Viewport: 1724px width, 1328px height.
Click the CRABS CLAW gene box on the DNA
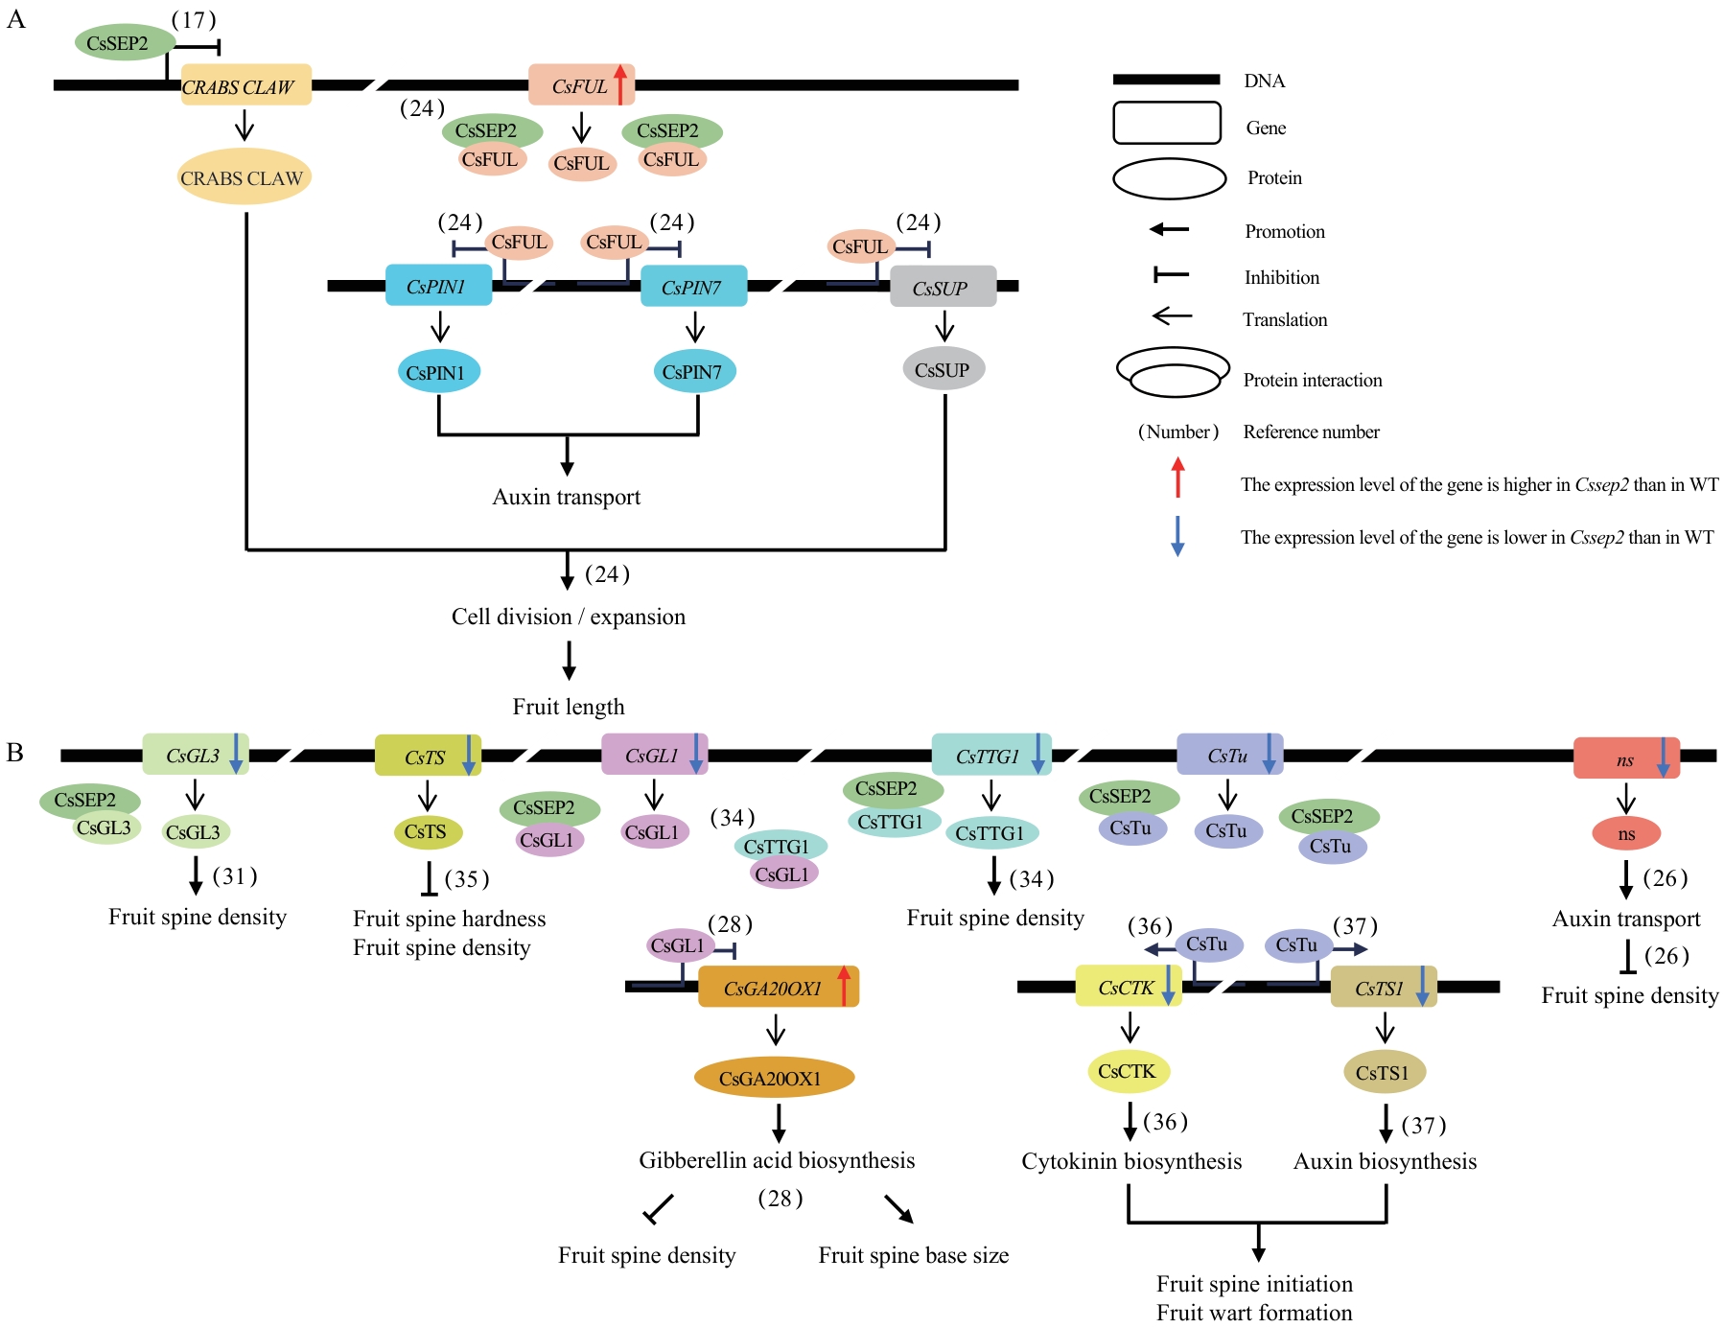click(245, 85)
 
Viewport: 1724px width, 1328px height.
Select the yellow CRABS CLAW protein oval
click(244, 177)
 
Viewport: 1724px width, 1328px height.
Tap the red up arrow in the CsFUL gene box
click(620, 84)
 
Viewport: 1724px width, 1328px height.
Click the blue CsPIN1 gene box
click(438, 286)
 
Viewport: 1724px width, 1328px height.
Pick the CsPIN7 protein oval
click(694, 371)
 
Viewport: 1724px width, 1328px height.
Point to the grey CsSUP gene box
click(942, 287)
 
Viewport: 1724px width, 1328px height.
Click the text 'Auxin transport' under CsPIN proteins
click(566, 497)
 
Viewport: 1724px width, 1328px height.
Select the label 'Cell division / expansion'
click(568, 617)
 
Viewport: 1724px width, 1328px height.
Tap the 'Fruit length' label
click(568, 707)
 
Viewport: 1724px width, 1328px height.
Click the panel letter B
click(15, 752)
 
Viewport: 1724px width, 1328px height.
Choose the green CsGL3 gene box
click(195, 755)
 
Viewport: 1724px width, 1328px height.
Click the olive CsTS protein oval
click(428, 831)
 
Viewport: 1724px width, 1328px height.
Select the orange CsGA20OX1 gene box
click(777, 987)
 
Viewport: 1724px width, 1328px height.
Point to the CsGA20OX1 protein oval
click(773, 1078)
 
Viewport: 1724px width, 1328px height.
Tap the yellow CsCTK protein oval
click(1129, 1071)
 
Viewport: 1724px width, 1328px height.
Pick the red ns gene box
click(1625, 758)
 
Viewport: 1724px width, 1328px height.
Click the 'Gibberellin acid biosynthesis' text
click(777, 1160)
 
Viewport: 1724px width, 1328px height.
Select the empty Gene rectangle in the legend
click(1166, 124)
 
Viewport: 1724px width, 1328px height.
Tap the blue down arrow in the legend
click(1177, 536)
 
